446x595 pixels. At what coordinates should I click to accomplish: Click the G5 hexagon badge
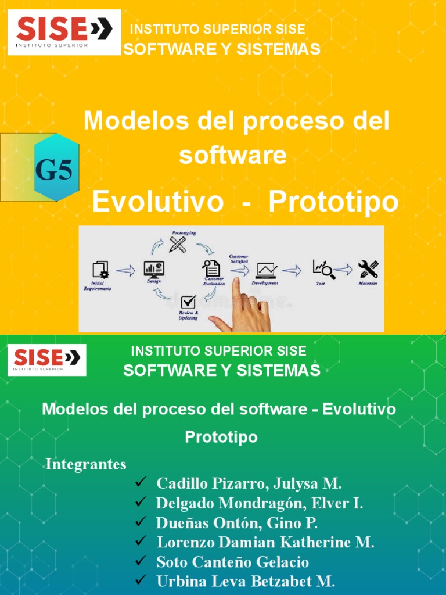pos(56,168)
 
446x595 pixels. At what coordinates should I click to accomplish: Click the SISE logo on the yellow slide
pos(64,32)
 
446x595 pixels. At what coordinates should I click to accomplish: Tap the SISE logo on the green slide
pos(47,360)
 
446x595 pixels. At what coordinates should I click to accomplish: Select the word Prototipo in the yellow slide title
pos(333,202)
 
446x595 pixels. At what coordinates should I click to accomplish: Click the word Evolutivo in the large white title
pos(157,202)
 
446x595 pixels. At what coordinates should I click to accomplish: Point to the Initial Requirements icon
pos(100,270)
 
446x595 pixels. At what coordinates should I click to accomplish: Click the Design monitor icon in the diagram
pos(154,269)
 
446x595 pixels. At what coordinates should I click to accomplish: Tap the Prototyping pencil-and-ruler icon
pos(178,243)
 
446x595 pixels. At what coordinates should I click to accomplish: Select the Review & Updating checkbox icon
pos(188,303)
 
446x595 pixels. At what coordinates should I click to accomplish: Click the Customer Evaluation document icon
pos(211,268)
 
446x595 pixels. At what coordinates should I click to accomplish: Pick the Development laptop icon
pos(267,270)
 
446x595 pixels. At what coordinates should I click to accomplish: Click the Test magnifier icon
pos(323,269)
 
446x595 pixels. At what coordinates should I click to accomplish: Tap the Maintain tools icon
pos(368,269)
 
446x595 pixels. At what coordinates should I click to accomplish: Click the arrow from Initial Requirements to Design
pos(125,270)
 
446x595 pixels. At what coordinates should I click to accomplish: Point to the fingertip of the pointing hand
pos(236,282)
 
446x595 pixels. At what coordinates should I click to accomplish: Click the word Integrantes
pos(86,465)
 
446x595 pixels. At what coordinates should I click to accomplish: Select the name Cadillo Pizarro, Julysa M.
pos(249,483)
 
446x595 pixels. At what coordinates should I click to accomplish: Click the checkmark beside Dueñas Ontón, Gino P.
pos(140,522)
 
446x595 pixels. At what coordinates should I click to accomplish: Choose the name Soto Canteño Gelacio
pos(232,562)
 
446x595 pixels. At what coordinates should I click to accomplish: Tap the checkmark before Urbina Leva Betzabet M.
pos(140,580)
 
